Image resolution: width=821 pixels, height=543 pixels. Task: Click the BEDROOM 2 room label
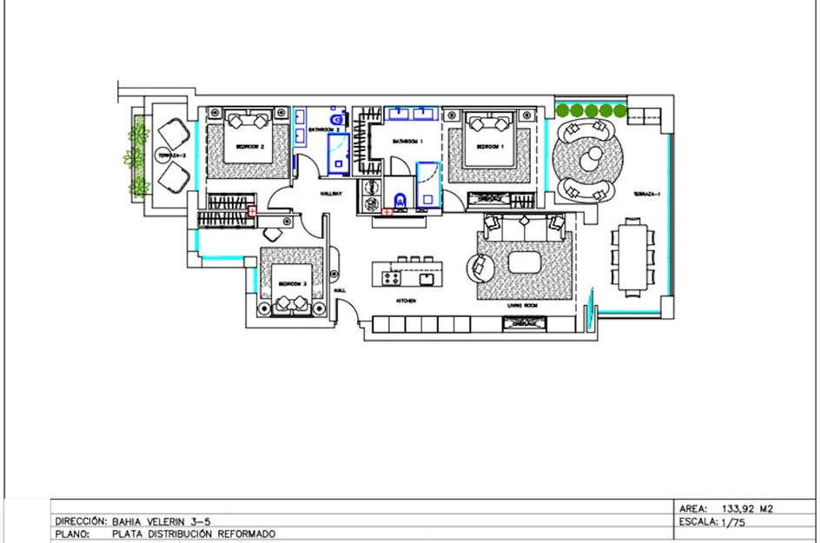tap(249, 147)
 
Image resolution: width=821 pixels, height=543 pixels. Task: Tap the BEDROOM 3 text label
tap(292, 284)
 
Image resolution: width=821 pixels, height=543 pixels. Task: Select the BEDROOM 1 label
tap(490, 147)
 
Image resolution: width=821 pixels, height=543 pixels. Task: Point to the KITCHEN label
tap(405, 301)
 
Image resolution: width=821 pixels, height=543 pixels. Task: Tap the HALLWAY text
tap(332, 194)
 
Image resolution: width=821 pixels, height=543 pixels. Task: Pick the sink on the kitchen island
tap(427, 279)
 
